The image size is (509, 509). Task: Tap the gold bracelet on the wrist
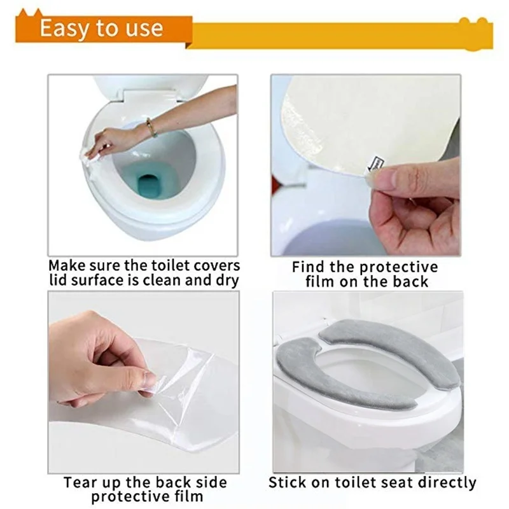[x=151, y=127]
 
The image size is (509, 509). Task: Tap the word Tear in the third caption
[x=81, y=482]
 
